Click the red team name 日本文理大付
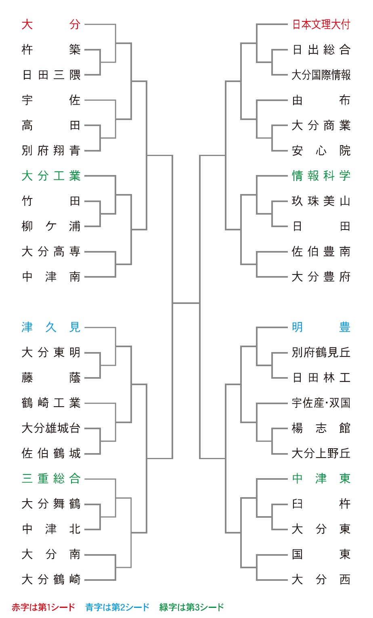click(x=321, y=24)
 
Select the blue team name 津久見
click(x=51, y=327)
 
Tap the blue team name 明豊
click(x=321, y=327)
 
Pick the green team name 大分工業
click(x=51, y=176)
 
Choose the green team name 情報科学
click(x=321, y=176)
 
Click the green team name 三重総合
click(x=51, y=479)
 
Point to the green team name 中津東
click(x=321, y=479)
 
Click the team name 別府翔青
click(x=51, y=151)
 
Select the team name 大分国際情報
click(x=321, y=75)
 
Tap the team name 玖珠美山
click(x=321, y=201)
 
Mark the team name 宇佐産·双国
click(x=321, y=403)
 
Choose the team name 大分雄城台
click(x=51, y=428)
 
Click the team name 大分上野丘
click(x=321, y=453)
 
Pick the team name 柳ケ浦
click(x=51, y=226)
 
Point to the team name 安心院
click(x=321, y=151)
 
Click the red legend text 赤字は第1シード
click(x=43, y=607)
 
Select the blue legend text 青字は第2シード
click(x=117, y=607)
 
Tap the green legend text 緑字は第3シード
click(x=192, y=607)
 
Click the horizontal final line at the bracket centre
click(x=186, y=303)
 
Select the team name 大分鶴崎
click(x=51, y=580)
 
